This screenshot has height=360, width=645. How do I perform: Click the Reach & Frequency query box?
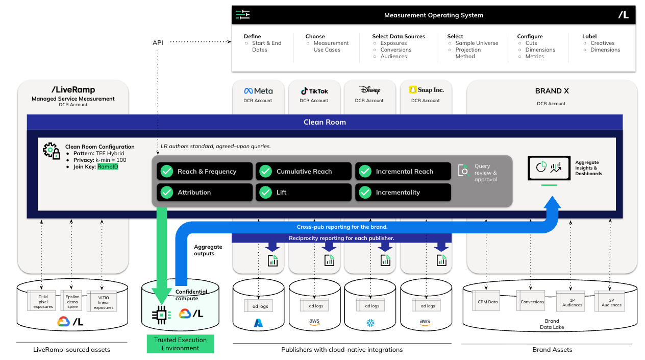tap(205, 172)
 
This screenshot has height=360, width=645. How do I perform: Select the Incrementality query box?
tap(403, 193)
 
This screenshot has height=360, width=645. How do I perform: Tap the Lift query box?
tap(304, 193)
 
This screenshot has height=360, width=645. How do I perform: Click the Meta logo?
tap(258, 91)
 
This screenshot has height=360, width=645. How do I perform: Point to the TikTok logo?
tap(314, 91)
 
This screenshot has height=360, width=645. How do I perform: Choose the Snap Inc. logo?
tap(426, 90)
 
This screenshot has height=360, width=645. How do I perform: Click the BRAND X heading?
tap(552, 91)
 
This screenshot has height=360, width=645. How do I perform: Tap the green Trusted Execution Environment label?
tap(180, 344)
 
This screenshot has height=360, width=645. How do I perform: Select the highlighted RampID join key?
tap(108, 166)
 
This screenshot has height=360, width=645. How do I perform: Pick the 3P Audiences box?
tap(611, 301)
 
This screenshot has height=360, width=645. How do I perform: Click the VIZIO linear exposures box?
tap(103, 302)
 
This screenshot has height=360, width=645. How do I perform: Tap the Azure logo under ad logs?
tap(258, 323)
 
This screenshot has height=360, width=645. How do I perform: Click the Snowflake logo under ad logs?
tap(369, 323)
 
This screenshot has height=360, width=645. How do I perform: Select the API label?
tap(158, 42)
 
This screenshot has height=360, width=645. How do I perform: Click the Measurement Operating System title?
tap(433, 15)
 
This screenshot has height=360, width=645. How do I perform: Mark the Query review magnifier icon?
tap(464, 170)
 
